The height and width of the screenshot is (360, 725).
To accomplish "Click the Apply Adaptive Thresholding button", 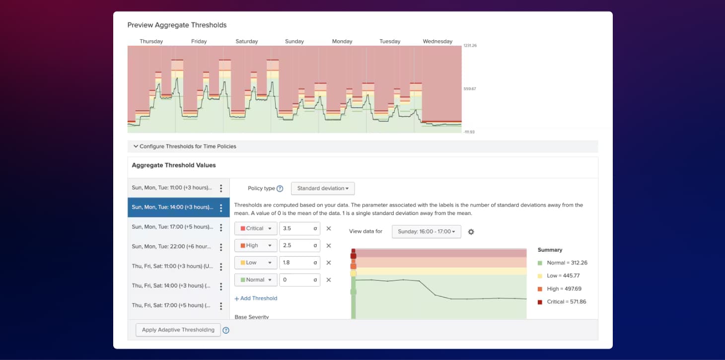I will tap(178, 330).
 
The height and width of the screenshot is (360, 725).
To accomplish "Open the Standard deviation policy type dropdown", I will tap(323, 188).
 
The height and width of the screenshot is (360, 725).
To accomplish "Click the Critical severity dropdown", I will tap(255, 228).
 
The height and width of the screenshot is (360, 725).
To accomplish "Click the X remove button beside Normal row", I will tap(329, 280).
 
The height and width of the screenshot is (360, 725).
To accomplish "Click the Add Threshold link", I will tap(256, 298).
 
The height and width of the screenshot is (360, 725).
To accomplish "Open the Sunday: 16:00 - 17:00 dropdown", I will tap(426, 231).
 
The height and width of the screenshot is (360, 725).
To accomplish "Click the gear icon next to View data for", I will tap(471, 232).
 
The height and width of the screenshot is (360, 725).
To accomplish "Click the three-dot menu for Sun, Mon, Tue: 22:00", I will tap(221, 247).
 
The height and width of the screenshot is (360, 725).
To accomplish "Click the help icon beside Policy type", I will tap(280, 189).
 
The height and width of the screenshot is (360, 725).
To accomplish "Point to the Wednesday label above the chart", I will tap(437, 42).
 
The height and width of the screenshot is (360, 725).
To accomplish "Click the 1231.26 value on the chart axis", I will tap(470, 46).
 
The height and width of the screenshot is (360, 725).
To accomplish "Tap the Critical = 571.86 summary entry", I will tap(562, 301).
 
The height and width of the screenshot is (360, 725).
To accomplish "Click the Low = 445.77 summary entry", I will tap(559, 276).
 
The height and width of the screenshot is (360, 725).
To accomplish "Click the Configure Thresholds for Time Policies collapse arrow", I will tap(136, 146).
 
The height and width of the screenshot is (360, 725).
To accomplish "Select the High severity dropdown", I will tap(255, 245).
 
